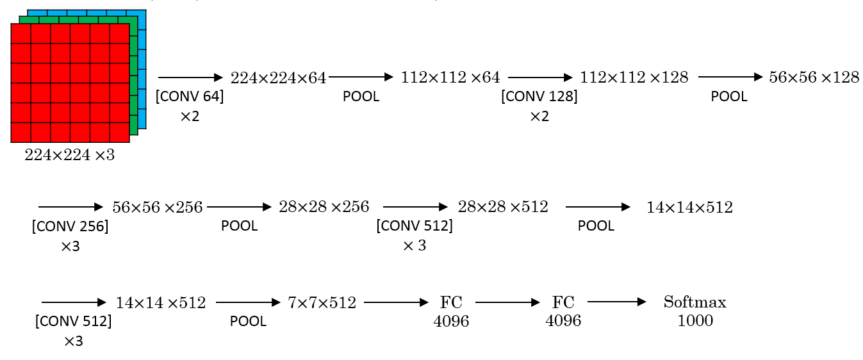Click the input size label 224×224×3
coord(69,155)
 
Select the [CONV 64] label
coord(190,97)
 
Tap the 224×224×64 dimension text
coord(278,78)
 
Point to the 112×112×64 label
coord(450,78)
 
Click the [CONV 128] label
coord(539,97)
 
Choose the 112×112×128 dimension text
coord(634,78)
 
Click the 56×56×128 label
coord(814,78)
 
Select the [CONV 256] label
coord(70,227)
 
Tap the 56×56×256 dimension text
coord(157,208)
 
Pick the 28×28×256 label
coord(324,207)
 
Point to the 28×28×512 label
coord(503,207)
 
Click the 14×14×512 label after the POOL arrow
coord(689,208)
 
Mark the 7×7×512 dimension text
coord(322,303)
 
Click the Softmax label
coord(695,302)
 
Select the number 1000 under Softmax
coord(695,320)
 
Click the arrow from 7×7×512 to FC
coord(395,302)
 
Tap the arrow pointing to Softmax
coord(617,302)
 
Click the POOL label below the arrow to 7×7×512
coord(248,322)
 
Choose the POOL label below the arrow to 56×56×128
coord(728,97)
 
